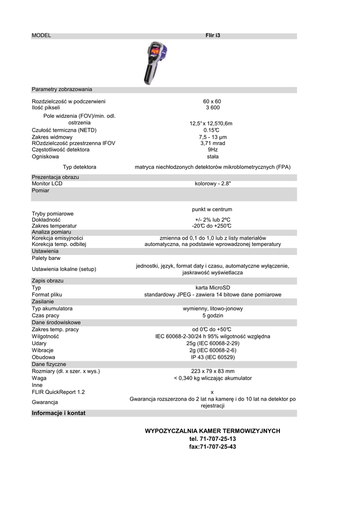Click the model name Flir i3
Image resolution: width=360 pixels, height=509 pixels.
[x=212, y=36]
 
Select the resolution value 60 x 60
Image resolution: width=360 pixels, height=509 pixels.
[x=212, y=101]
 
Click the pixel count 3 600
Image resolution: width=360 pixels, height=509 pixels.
[x=212, y=107]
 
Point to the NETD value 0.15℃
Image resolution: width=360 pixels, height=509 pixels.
[x=212, y=130]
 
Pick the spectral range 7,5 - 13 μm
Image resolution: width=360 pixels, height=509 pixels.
[x=212, y=137]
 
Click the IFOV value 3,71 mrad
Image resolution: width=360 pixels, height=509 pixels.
[x=212, y=143]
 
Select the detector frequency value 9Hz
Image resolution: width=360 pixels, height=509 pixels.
[x=212, y=150]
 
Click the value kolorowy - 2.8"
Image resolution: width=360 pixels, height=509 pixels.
[x=212, y=184]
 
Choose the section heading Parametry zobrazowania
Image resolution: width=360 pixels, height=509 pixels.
[x=62, y=89]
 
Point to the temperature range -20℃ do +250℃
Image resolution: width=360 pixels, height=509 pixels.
[x=212, y=226]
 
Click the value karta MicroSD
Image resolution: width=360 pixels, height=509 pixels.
[x=212, y=288]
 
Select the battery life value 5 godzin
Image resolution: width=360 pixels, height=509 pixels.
[x=212, y=316]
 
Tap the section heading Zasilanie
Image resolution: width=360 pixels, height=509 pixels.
[x=43, y=302]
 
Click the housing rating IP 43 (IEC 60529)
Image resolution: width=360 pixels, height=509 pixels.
[x=212, y=357]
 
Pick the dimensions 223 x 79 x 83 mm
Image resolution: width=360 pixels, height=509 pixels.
[x=212, y=371]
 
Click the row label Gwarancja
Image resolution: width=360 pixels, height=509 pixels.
[x=45, y=402]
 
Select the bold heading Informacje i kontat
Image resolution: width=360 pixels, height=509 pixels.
[x=59, y=413]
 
